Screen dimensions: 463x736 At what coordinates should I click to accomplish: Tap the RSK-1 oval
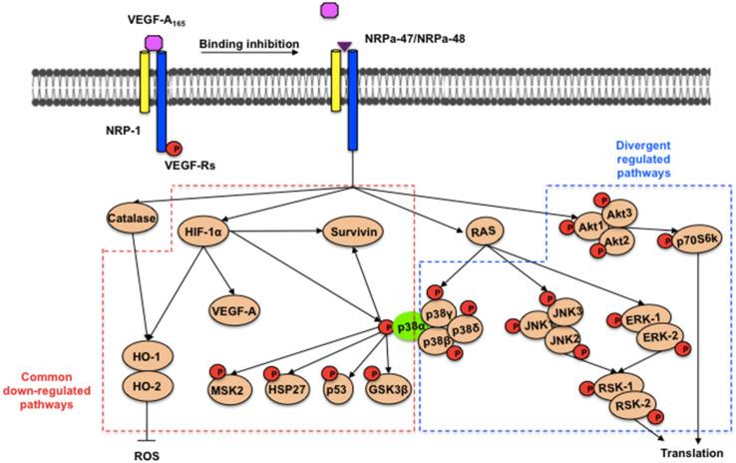(x=604, y=386)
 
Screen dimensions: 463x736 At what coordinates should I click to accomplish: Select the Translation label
(x=687, y=451)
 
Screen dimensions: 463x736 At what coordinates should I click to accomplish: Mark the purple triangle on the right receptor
(x=344, y=46)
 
